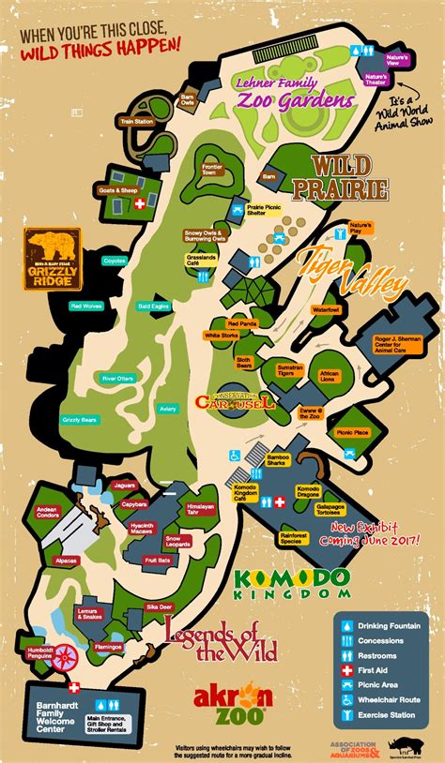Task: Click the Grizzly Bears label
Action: coord(79,418)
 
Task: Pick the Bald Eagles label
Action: coord(154,306)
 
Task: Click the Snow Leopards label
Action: coord(178,541)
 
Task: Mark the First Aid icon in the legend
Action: coord(346,671)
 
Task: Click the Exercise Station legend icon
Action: coord(346,716)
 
